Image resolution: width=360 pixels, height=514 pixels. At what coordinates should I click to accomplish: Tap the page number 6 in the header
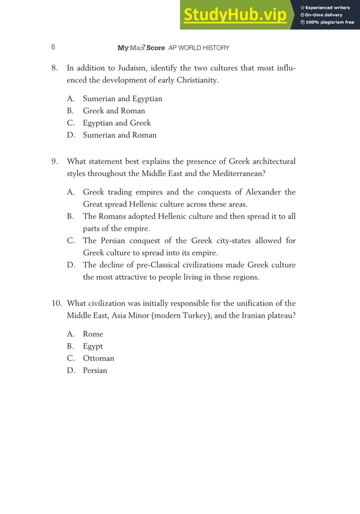[53, 48]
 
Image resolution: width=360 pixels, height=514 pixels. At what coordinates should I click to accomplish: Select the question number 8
[54, 69]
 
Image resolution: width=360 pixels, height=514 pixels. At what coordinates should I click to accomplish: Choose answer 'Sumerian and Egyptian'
[122, 99]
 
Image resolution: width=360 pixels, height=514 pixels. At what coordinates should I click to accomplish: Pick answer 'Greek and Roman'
[114, 111]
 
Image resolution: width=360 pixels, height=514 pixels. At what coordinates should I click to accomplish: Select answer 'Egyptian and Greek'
[117, 123]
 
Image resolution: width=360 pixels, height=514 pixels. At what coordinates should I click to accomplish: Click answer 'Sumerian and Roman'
[120, 135]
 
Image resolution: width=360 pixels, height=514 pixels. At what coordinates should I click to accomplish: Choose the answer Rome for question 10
[93, 334]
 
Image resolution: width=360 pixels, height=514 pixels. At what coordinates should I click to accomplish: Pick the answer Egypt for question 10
[93, 346]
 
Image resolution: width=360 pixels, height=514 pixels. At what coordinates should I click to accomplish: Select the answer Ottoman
[99, 358]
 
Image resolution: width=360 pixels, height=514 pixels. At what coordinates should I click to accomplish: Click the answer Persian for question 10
[95, 371]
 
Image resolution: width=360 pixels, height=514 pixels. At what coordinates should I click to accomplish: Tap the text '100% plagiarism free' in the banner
[330, 23]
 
